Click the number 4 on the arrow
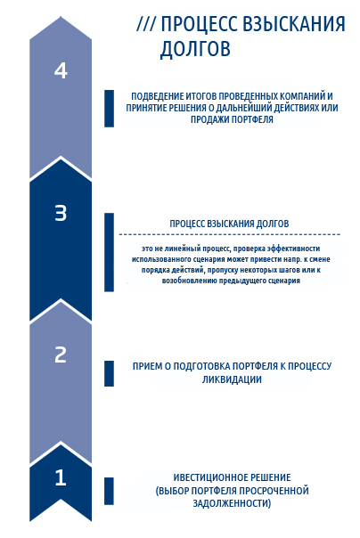coord(61,70)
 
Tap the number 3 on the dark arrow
coord(61,213)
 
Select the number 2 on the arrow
coord(61,355)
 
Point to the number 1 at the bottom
coord(61,477)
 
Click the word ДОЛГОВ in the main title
coord(195,48)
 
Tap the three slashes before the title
coord(146,24)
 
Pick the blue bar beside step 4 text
coord(109,109)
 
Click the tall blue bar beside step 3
coord(109,252)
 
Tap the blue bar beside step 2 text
coord(109,373)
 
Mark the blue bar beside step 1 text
coord(109,491)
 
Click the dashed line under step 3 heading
coord(230,234)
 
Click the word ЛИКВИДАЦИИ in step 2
coord(232,379)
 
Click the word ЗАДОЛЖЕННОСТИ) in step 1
coord(232,503)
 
